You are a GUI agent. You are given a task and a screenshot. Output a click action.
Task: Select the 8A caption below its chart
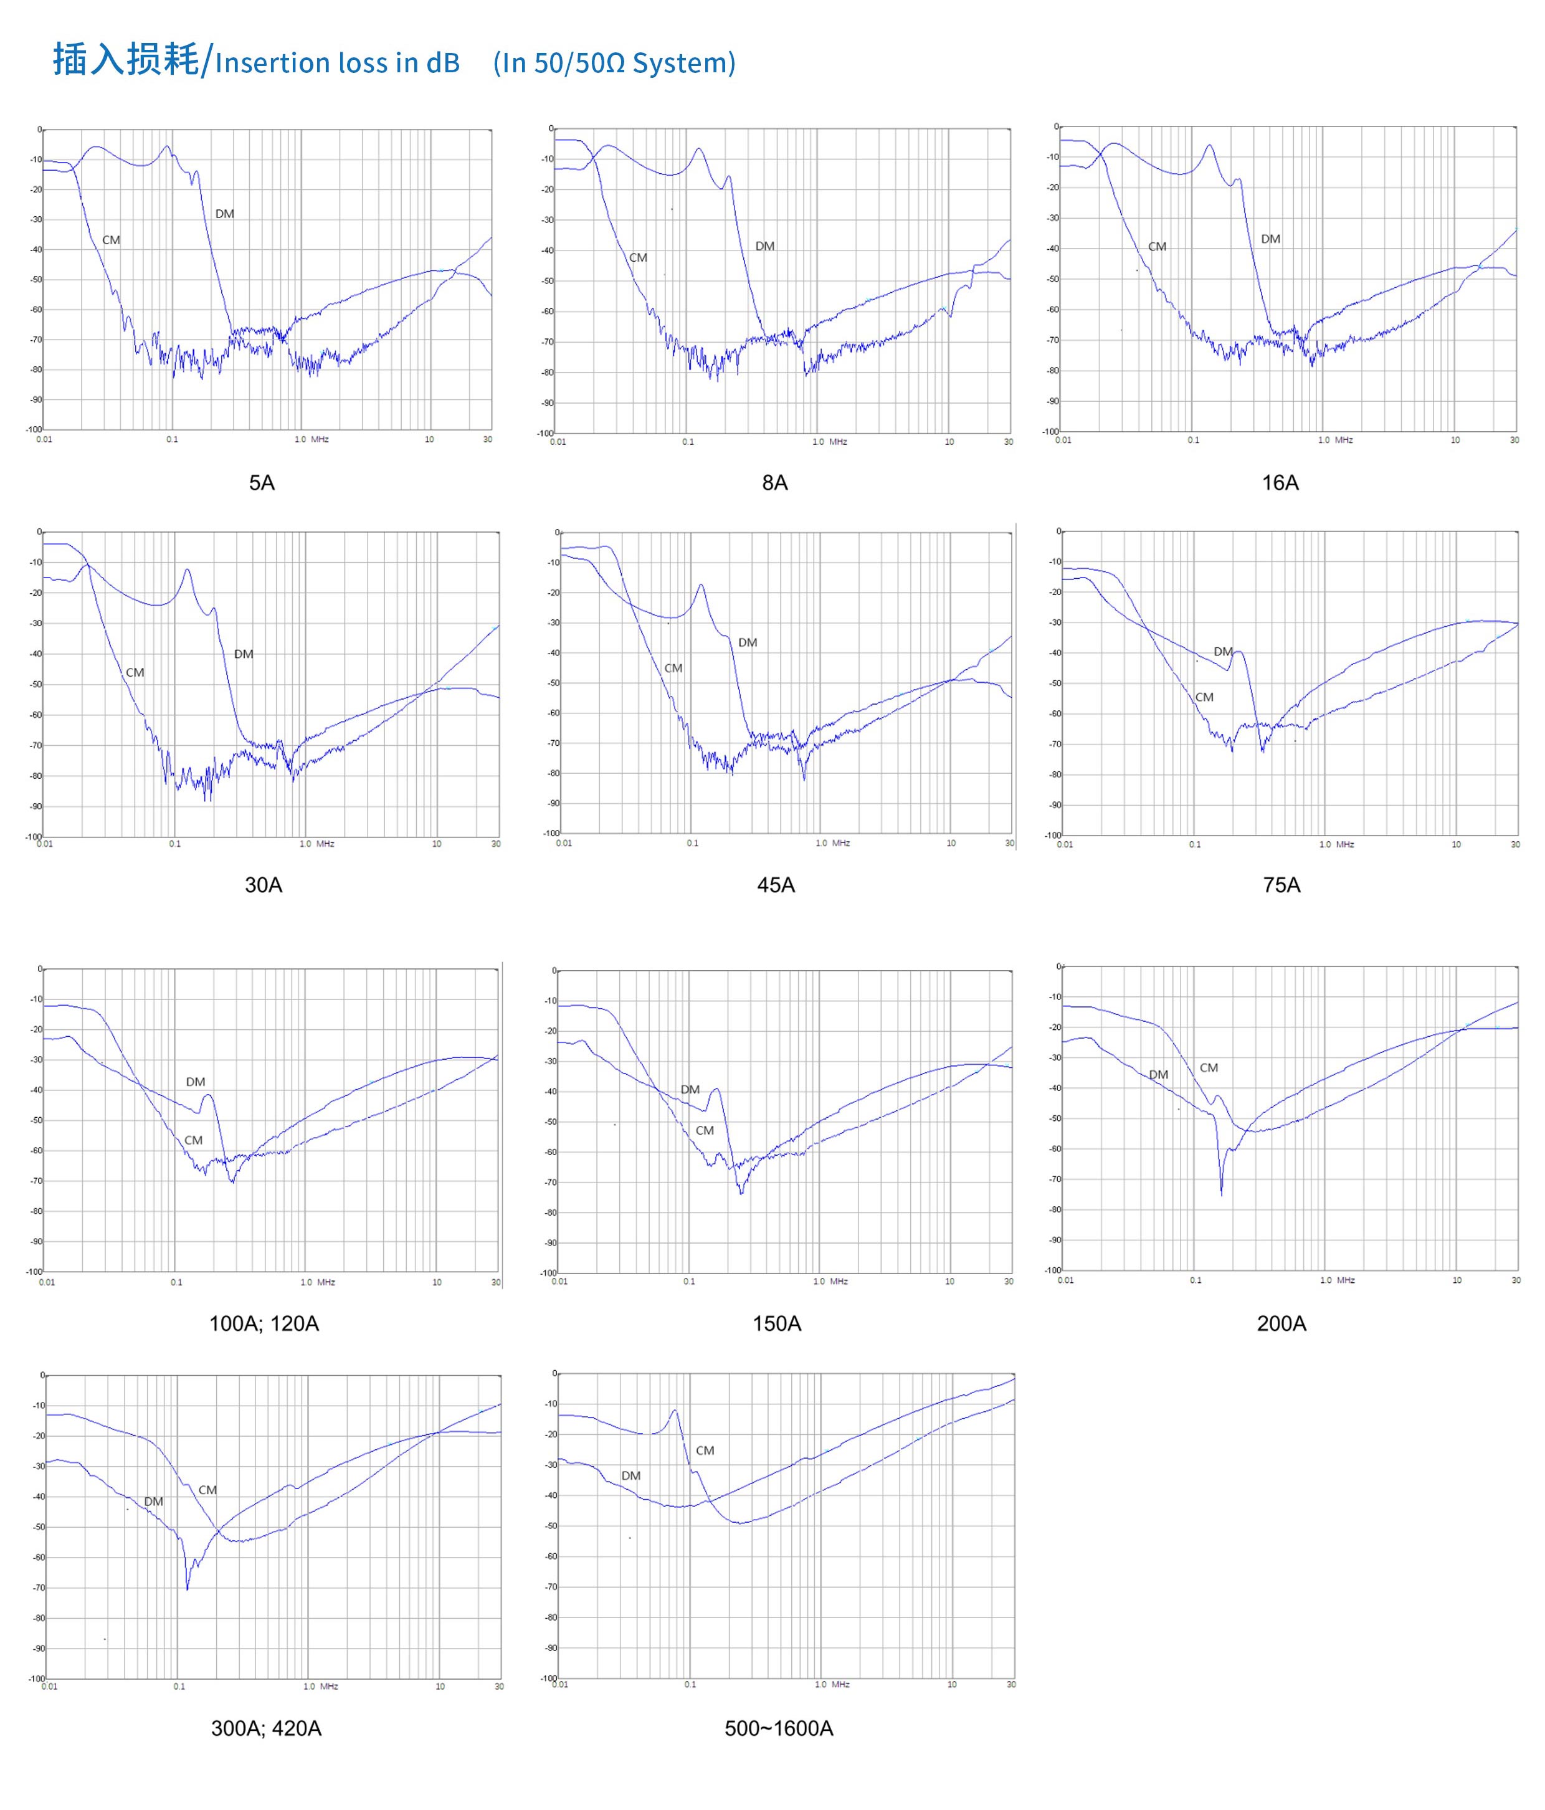[x=775, y=482]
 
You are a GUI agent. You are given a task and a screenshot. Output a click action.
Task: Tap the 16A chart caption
[x=1280, y=482]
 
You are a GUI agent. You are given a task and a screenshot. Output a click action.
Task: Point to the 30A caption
[x=263, y=885]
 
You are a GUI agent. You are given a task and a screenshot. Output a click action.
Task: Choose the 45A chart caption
[x=776, y=885]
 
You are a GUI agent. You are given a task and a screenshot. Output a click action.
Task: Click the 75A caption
[x=1281, y=885]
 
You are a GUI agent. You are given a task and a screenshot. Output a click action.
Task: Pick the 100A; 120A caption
[x=264, y=1323]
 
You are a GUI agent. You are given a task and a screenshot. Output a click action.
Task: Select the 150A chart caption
[x=776, y=1323]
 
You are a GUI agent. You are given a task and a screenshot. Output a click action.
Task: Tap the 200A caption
[x=1281, y=1323]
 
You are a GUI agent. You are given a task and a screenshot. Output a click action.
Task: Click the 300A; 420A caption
[x=267, y=1728]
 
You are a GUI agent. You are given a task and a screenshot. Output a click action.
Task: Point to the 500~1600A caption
[x=778, y=1728]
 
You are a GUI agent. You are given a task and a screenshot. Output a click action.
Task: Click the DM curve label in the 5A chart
[x=224, y=214]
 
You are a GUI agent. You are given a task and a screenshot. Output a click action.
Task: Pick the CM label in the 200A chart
[x=1209, y=1067]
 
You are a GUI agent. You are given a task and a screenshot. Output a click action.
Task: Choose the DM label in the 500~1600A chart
[x=630, y=1475]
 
